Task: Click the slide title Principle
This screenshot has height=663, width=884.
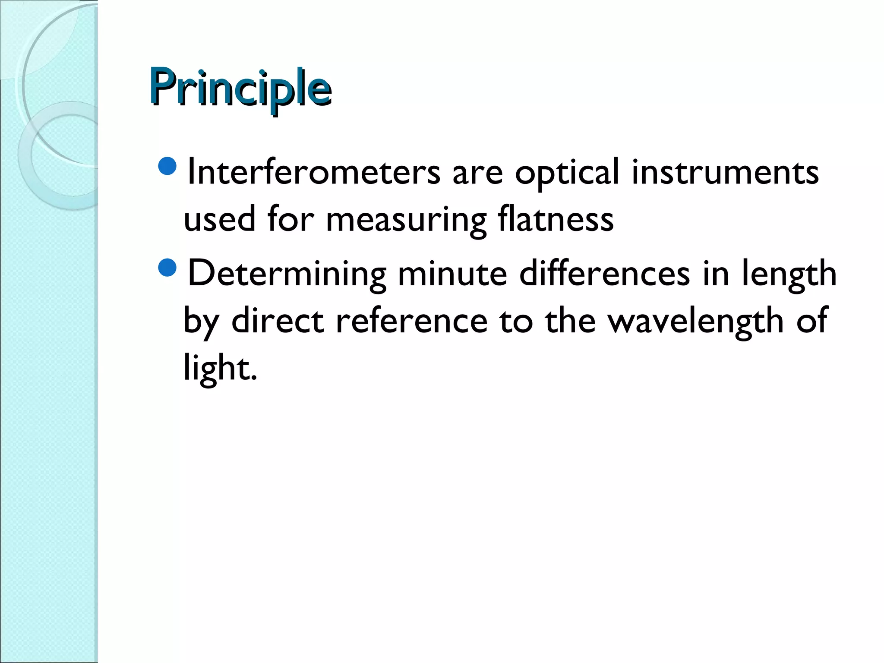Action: [240, 88]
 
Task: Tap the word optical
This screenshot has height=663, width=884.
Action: [567, 172]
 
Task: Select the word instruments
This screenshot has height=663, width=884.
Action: [725, 172]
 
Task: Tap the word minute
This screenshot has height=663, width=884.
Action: [452, 273]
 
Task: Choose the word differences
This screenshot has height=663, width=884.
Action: [604, 273]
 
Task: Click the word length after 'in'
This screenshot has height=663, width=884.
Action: [789, 274]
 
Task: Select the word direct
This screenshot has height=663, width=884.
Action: [278, 321]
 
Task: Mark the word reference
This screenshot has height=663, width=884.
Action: [411, 322]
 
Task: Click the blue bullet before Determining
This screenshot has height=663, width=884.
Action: [167, 268]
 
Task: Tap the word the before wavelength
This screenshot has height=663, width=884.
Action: [569, 321]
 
